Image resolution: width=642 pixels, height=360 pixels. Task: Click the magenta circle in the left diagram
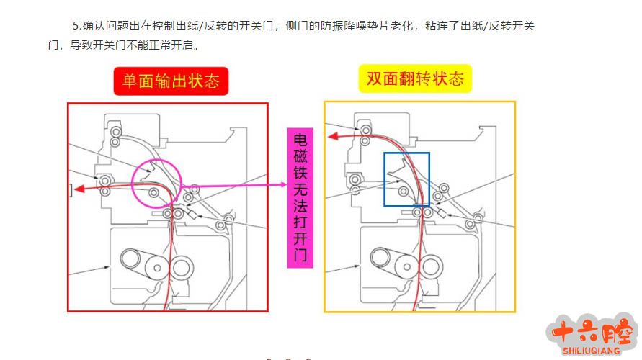[156, 183]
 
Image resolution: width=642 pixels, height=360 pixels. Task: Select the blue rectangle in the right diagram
[407, 179]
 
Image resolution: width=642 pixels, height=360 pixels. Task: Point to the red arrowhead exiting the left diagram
[81, 189]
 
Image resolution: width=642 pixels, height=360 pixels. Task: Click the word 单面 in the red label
[138, 81]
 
